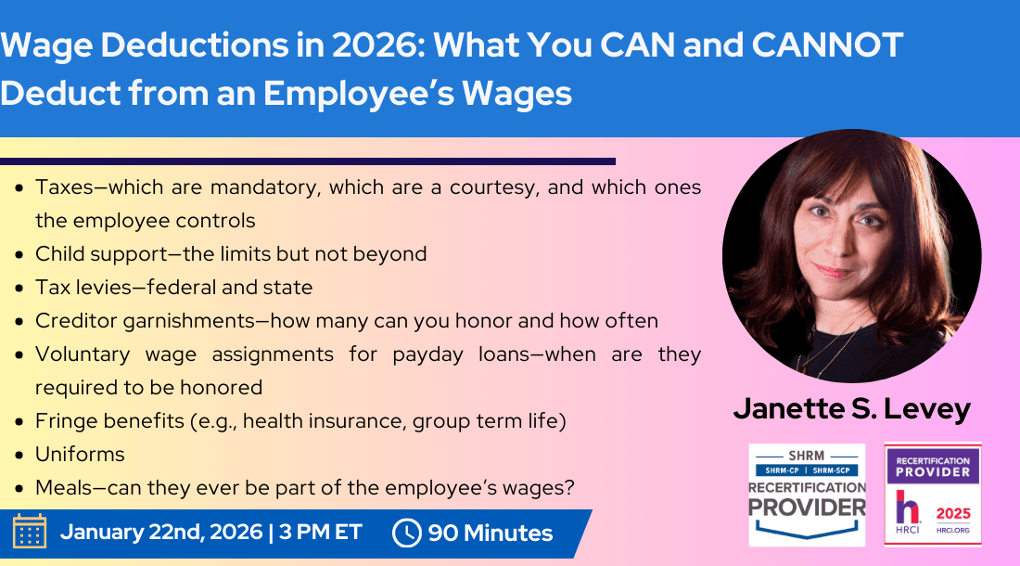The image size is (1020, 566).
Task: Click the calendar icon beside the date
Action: (x=30, y=532)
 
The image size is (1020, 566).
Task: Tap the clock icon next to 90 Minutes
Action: (x=407, y=533)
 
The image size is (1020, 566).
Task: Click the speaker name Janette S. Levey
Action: (x=851, y=408)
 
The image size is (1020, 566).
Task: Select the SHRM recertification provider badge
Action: (x=807, y=494)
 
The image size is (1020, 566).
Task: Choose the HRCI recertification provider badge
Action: (x=932, y=494)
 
